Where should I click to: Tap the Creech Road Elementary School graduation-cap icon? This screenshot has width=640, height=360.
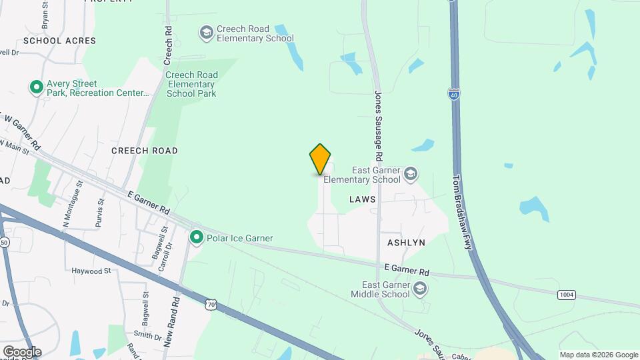[x=206, y=32]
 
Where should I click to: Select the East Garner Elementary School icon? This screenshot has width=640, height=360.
[x=411, y=174]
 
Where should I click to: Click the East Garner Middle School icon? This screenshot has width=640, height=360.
[x=419, y=289]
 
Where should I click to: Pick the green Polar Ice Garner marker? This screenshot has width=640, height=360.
[x=197, y=237]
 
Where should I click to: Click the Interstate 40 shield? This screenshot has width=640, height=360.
[x=454, y=94]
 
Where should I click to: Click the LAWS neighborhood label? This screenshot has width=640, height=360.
[x=362, y=199]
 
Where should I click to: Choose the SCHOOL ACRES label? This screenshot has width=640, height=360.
[x=59, y=41]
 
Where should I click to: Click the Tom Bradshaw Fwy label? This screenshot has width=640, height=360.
[x=462, y=212]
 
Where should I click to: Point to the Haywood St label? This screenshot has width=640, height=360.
[x=91, y=271]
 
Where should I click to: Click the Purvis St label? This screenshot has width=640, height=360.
[x=100, y=213]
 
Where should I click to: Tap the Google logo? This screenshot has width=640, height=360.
[x=22, y=352]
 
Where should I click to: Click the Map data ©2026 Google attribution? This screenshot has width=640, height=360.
[x=599, y=355]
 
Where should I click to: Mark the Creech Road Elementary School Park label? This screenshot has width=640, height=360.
[x=191, y=85]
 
